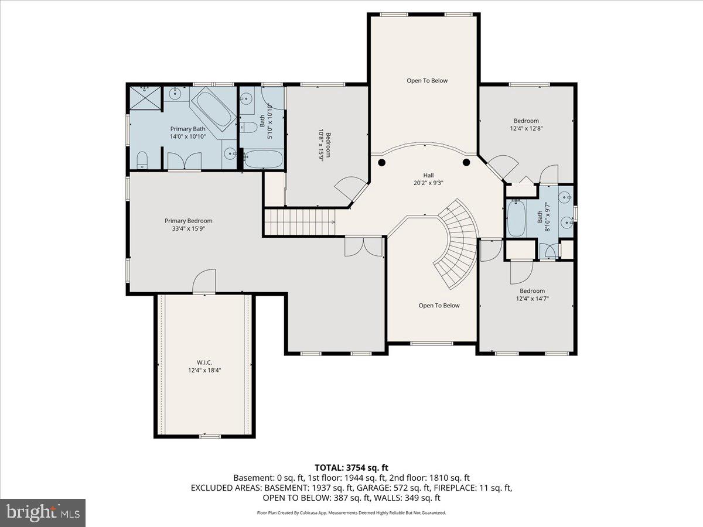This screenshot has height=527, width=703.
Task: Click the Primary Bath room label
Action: click(x=187, y=129)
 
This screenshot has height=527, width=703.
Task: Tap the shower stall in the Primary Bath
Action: click(x=145, y=97)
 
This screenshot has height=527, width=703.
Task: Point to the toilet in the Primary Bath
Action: click(x=142, y=160)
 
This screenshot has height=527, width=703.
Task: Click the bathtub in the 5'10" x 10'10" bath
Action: click(x=262, y=159)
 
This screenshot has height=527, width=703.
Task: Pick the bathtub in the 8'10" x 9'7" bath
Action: click(x=516, y=218)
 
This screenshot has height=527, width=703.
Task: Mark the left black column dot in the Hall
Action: click(x=382, y=162)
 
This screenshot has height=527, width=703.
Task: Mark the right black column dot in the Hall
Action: click(x=466, y=162)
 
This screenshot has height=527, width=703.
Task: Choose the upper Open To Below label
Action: click(x=427, y=81)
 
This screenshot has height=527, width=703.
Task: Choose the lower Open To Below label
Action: click(x=439, y=306)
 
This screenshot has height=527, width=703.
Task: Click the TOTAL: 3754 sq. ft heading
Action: click(x=351, y=467)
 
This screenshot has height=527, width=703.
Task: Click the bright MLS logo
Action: click(x=43, y=513)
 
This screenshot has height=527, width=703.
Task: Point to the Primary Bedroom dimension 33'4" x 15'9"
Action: click(x=188, y=229)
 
